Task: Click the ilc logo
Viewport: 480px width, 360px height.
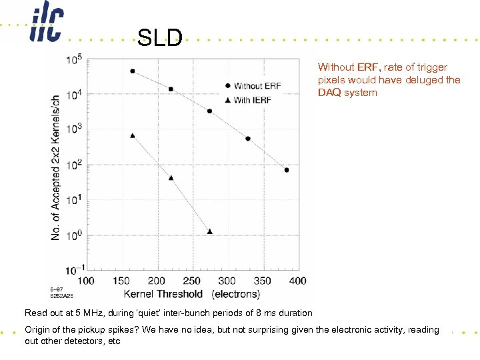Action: [x=45, y=25]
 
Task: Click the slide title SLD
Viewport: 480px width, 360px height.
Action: [x=160, y=38]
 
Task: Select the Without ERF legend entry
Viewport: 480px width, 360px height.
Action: [x=257, y=86]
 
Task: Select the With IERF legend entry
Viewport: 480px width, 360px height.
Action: [x=253, y=100]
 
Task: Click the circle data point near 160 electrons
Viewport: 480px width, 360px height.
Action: [x=132, y=71]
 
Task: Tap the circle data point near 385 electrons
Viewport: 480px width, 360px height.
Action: [x=287, y=170]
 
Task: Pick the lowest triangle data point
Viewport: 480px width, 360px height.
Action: [x=209, y=231]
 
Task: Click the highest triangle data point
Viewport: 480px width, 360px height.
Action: [x=132, y=135]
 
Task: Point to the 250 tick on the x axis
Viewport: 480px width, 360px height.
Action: [x=191, y=281]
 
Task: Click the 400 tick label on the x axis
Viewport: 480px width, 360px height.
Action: [x=297, y=281]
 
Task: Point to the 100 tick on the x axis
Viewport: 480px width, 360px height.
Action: [x=86, y=281]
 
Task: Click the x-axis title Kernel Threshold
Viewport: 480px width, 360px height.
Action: [x=163, y=293]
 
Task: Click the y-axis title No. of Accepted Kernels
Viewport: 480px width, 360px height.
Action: [x=56, y=167]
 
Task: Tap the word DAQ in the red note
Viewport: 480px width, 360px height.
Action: [x=328, y=93]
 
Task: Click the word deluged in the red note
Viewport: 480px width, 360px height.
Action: [x=421, y=80]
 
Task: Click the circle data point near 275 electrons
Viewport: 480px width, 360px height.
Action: [x=209, y=111]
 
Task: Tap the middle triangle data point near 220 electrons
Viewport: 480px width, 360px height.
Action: [x=171, y=178]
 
